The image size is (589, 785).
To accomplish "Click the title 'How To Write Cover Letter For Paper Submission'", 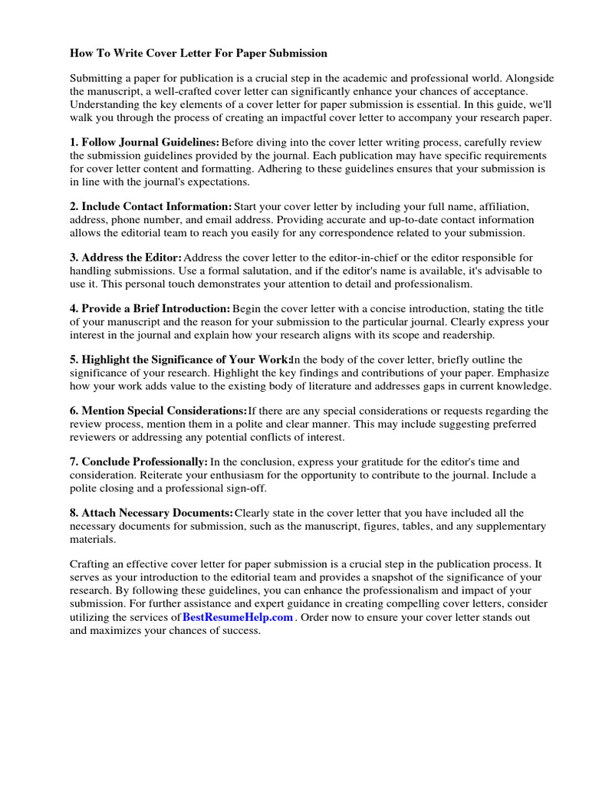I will coord(199,54).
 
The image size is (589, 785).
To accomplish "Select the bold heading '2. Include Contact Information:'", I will coord(151,206).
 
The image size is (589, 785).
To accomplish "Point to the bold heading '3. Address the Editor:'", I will coord(127,258).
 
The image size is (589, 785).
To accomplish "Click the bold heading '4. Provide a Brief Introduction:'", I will coord(150,308).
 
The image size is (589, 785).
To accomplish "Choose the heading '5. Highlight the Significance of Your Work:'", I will coord(181,360).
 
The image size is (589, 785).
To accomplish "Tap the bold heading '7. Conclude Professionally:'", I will coord(140,461).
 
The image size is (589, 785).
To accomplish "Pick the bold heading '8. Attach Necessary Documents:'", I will coord(152,512).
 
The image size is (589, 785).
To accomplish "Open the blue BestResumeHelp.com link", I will coord(238,617).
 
